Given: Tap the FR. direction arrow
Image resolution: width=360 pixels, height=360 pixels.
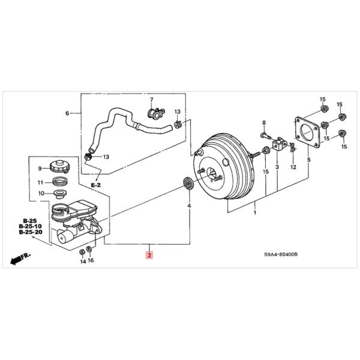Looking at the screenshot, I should (20, 259).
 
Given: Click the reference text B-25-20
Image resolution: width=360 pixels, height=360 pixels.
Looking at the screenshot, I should (30, 232).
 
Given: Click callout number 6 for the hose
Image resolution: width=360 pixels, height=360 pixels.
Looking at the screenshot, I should (67, 113).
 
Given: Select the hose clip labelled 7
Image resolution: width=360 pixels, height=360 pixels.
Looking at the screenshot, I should (156, 112).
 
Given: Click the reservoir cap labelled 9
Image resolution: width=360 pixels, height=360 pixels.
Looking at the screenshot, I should (60, 168).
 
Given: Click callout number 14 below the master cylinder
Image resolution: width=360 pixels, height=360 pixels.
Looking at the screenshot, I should (82, 262).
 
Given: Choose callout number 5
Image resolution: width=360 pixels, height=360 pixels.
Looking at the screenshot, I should (308, 160).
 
